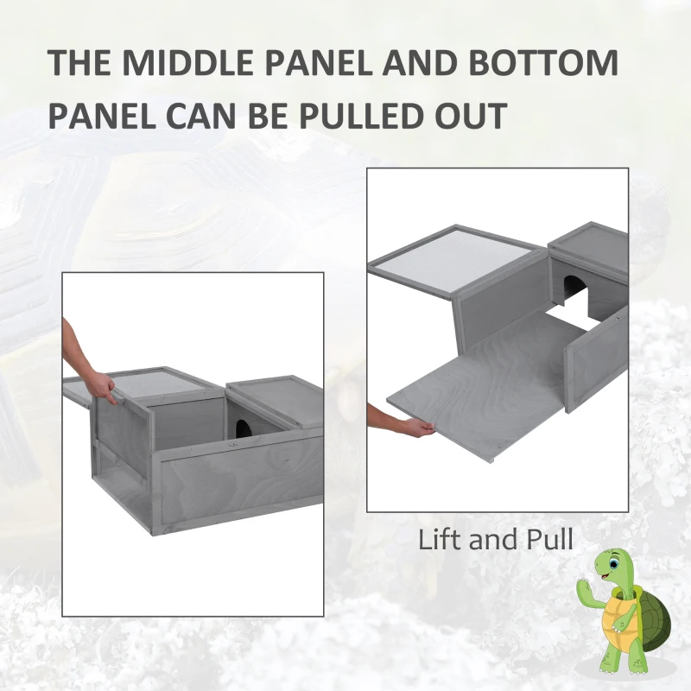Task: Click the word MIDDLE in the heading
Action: pos(187,62)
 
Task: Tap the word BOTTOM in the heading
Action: pos(543,62)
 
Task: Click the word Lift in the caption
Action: pos(440,538)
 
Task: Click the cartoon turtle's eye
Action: pos(612,564)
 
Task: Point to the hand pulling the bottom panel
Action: pos(416,428)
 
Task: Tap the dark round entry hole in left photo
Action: pos(242,428)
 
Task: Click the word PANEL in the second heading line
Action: pos(103,116)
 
